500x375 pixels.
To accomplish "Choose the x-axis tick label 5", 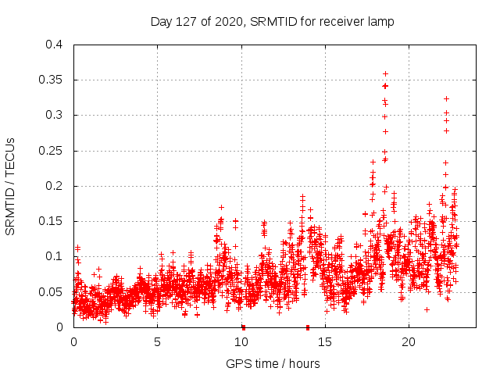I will pyautogui.click(x=157, y=342).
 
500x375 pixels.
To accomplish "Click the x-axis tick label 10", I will pyautogui.click(x=241, y=342).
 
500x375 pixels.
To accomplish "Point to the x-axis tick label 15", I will pyautogui.click(x=324, y=342).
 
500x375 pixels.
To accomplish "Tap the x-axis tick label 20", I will pyautogui.click(x=408, y=342).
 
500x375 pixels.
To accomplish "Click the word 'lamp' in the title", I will pyautogui.click(x=381, y=22).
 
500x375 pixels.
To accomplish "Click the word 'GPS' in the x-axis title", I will pyautogui.click(x=237, y=363).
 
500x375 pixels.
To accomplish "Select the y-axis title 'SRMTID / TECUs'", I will pyautogui.click(x=11, y=186).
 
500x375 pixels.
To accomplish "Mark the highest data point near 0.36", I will pyautogui.click(x=385, y=73).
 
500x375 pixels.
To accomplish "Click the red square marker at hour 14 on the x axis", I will pyautogui.click(x=308, y=327).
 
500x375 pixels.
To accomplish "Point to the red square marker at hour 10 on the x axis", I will pyautogui.click(x=243, y=327).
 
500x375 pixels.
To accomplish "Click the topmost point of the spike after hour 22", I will pyautogui.click(x=446, y=98).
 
